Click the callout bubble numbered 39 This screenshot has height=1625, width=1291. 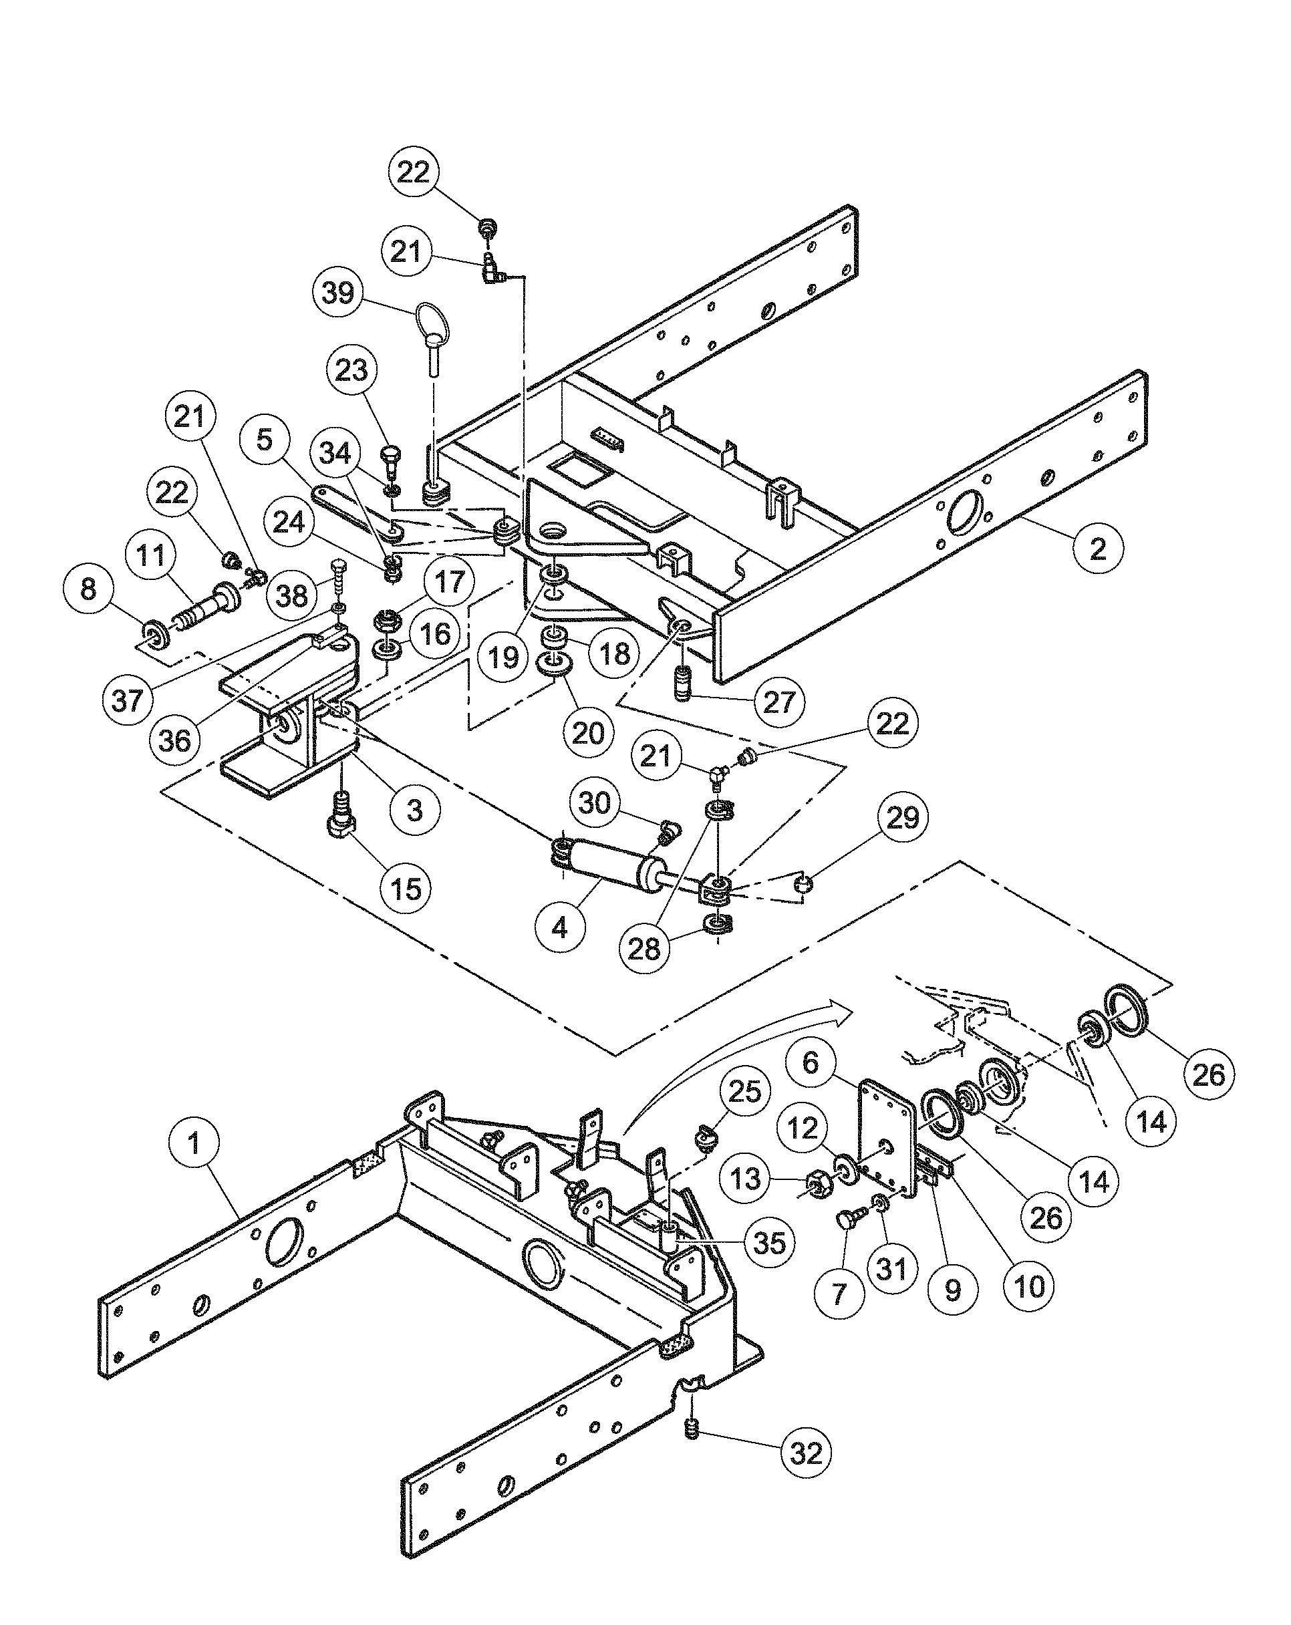pyautogui.click(x=337, y=292)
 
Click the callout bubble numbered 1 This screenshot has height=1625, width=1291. pyautogui.click(x=194, y=1143)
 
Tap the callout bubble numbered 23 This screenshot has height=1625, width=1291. pyautogui.click(x=352, y=370)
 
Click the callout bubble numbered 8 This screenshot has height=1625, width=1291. pyautogui.click(x=88, y=589)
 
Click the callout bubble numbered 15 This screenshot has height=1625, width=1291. pyautogui.click(x=406, y=888)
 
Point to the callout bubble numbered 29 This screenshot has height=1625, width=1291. pyautogui.click(x=903, y=817)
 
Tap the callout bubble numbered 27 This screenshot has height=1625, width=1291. pyautogui.click(x=778, y=702)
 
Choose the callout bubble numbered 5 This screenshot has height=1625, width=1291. pyautogui.click(x=264, y=439)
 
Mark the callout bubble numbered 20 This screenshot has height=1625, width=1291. pyautogui.click(x=588, y=732)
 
